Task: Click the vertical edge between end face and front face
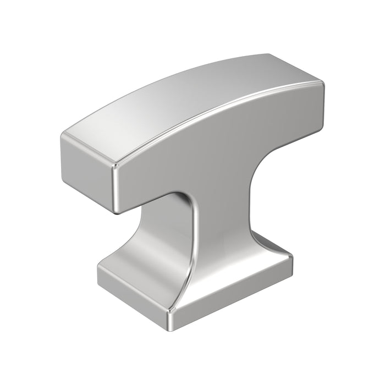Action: tap(115, 187)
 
